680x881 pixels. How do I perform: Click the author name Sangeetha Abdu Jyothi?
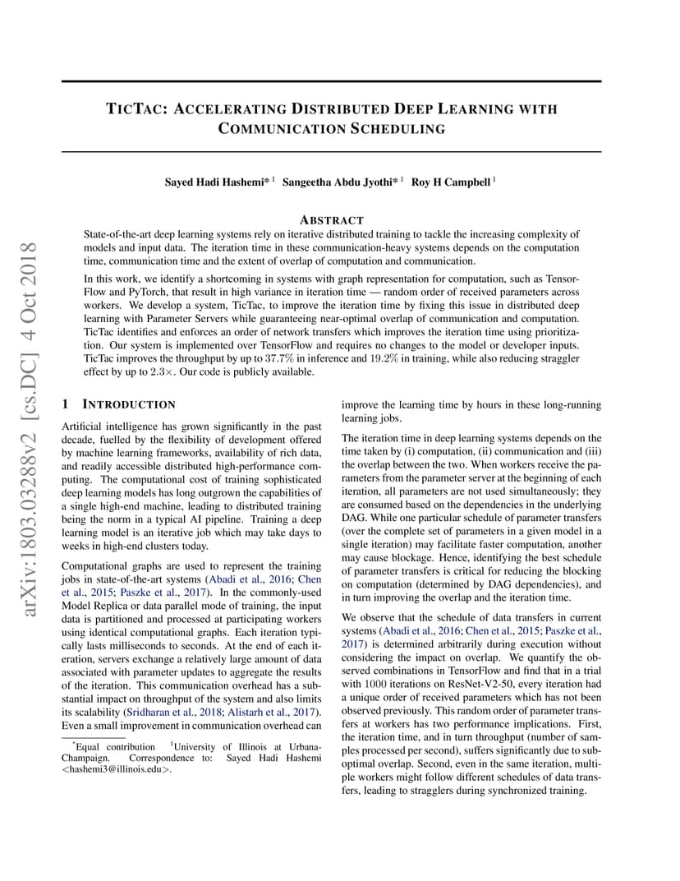[341, 182]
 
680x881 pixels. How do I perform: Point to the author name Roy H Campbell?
[451, 182]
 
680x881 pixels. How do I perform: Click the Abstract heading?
[332, 220]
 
